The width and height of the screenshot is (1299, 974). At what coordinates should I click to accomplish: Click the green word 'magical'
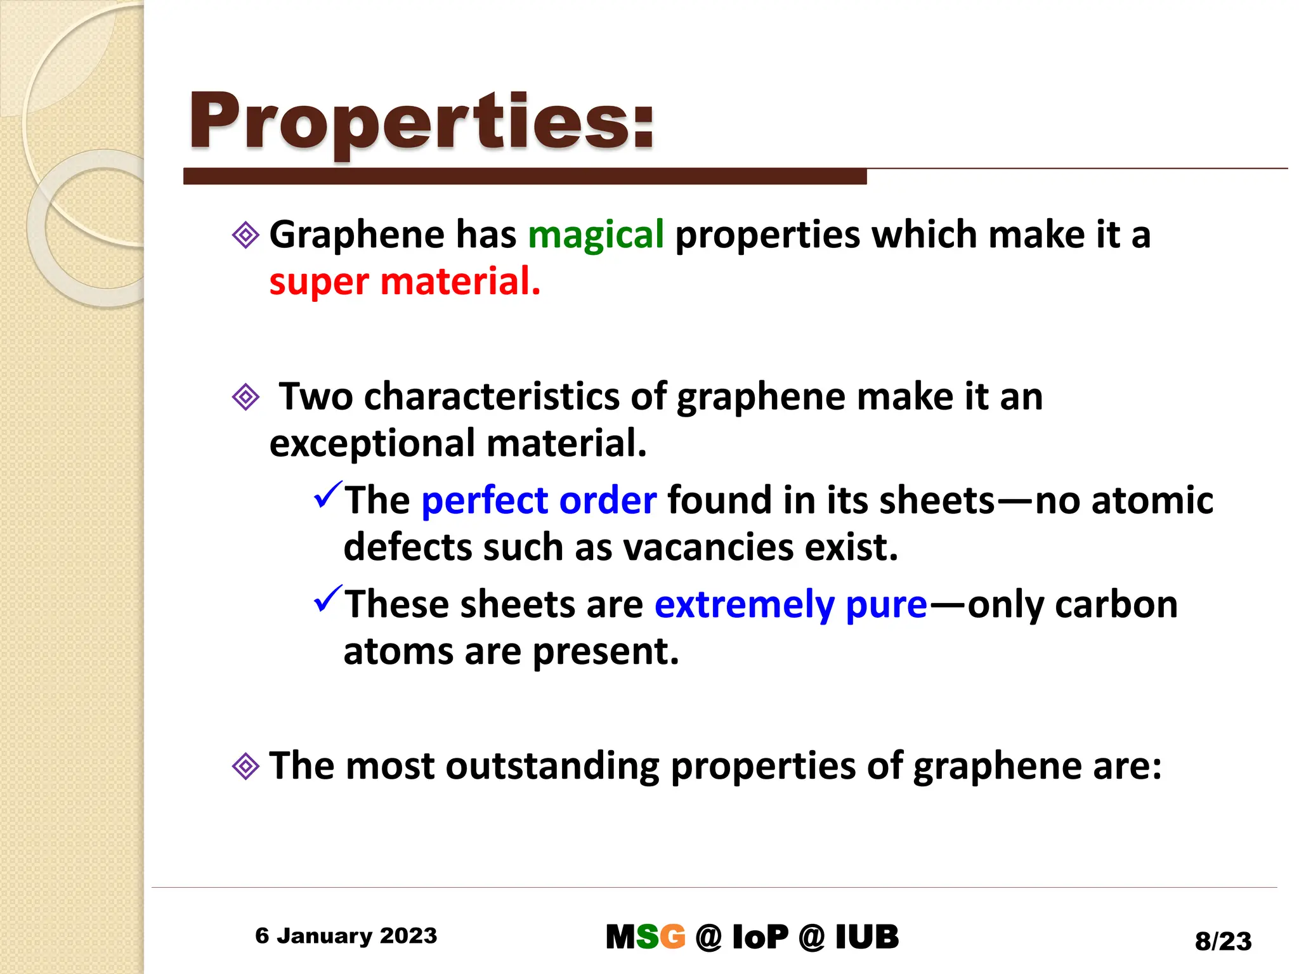point(596,235)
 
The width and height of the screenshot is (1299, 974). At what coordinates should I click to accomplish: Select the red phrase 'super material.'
point(405,282)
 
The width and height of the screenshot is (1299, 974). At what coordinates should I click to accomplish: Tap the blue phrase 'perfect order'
point(539,500)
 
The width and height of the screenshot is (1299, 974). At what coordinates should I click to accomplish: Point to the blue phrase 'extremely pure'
point(791,604)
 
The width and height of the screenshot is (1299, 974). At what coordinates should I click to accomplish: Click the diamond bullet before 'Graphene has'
point(245,235)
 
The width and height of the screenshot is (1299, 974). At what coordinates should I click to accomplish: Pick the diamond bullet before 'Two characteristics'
point(245,398)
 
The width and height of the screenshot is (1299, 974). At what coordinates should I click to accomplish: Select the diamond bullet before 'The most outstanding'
point(245,766)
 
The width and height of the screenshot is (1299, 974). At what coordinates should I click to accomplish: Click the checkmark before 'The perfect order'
point(327,495)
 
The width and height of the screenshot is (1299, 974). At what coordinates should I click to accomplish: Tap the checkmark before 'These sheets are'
point(327,599)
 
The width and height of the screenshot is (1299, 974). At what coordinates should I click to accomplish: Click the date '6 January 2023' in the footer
point(346,935)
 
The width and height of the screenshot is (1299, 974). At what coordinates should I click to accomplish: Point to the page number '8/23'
point(1223,941)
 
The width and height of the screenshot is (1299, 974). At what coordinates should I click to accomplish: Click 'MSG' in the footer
point(645,937)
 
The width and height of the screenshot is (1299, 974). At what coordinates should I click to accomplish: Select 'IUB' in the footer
point(866,937)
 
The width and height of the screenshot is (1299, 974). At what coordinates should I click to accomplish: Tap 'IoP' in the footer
point(760,937)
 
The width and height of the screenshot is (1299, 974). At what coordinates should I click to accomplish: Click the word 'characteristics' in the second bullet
point(492,397)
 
